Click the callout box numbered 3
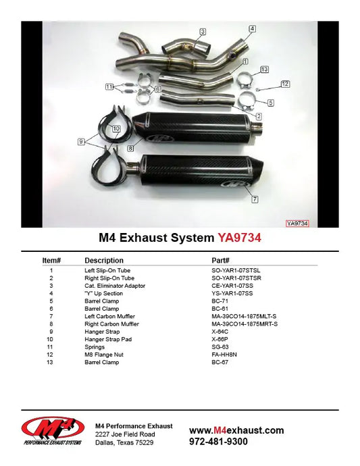pyautogui.click(x=203, y=32)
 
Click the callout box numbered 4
pyautogui.click(x=252, y=29)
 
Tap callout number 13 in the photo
pyautogui.click(x=264, y=70)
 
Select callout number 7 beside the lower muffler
pyautogui.click(x=255, y=200)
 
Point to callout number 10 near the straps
pyautogui.click(x=115, y=128)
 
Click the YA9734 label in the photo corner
pyautogui.click(x=297, y=223)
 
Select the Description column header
pyautogui.click(x=103, y=260)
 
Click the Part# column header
pyautogui.click(x=221, y=260)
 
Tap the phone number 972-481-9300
pyautogui.click(x=218, y=442)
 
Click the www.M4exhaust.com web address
pyautogui.click(x=236, y=430)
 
